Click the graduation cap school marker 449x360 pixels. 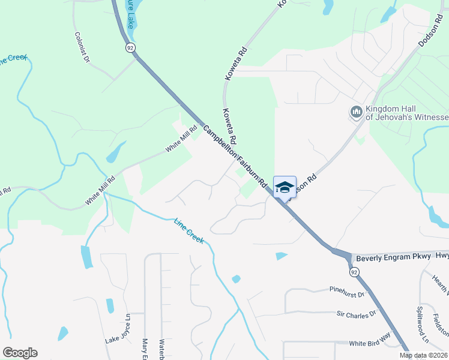point(285,187)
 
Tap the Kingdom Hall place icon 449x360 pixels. point(356,112)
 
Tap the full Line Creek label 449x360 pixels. point(189,231)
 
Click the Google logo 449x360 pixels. point(20,353)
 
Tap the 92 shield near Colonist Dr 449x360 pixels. point(130,47)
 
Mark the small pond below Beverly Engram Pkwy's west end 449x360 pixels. point(281,256)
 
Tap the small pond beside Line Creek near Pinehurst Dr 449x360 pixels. point(236,279)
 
